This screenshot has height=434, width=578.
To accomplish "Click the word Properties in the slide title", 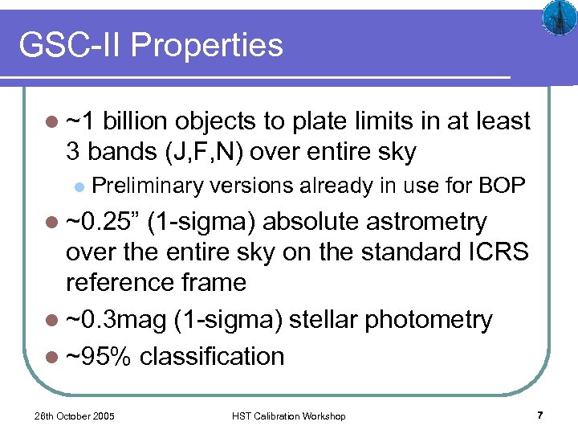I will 207,46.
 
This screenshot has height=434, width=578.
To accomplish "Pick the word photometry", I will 428,319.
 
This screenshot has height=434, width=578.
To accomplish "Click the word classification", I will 212,356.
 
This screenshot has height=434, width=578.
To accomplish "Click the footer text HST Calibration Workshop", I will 288,416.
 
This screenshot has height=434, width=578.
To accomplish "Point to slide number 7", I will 540,416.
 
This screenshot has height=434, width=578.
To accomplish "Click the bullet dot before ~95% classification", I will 53,357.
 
